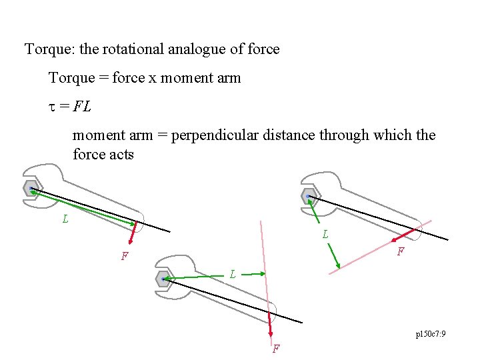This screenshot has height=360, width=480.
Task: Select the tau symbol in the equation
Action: [52, 107]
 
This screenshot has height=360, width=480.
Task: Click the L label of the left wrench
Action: [65, 219]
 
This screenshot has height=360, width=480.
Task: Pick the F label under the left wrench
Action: [124, 256]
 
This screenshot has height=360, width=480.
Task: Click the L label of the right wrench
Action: [325, 234]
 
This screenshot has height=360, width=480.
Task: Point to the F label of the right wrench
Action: [400, 252]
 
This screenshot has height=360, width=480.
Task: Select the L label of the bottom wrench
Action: [232, 274]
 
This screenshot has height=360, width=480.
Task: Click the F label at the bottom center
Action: [275, 348]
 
